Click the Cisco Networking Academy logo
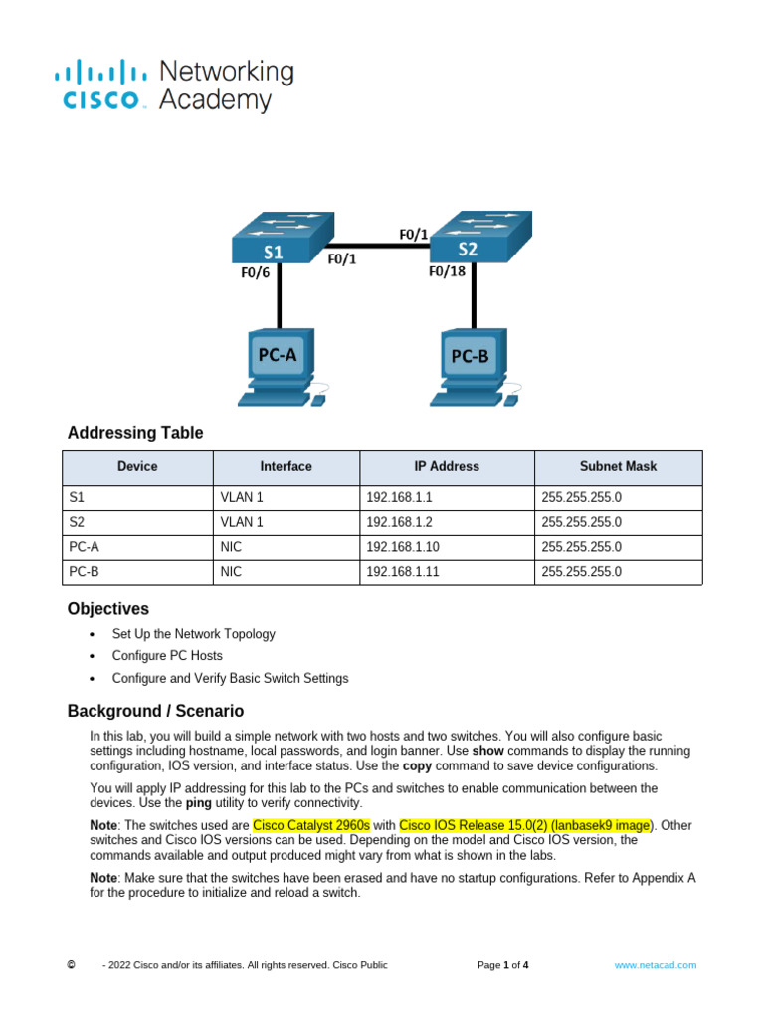pos(173,85)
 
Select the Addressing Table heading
pos(135,433)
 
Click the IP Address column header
pos(447,466)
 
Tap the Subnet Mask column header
pos(618,466)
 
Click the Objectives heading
pos(108,608)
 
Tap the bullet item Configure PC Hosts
pos(167,656)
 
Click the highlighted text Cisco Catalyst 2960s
pos(311,825)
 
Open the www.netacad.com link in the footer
pos(655,965)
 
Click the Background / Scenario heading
pos(155,711)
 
